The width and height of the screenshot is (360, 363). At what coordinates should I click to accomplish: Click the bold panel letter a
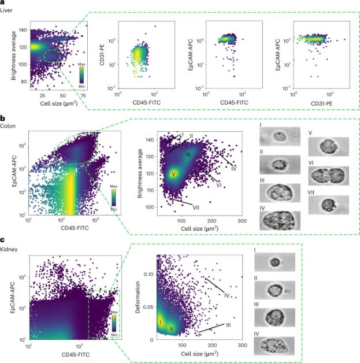(x=3, y=3)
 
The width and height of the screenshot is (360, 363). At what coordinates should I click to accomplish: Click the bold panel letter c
(x=3, y=242)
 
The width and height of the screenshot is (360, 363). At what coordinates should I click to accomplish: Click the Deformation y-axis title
(x=136, y=299)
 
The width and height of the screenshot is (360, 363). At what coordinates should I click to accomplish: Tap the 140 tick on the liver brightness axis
(x=21, y=29)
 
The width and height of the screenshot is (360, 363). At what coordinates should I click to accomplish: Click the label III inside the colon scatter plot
(x=188, y=155)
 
